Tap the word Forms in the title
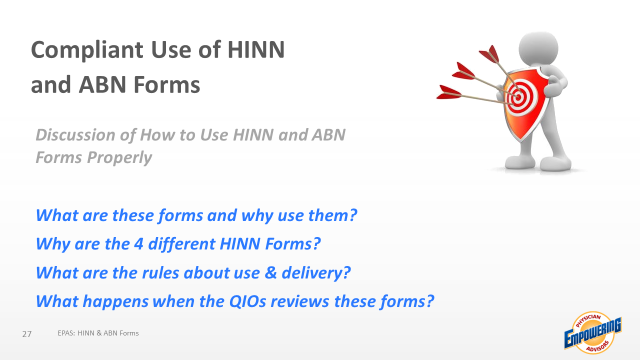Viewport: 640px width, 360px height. coord(167,85)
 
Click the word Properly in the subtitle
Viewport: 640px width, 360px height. coord(119,158)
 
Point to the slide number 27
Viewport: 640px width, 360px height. coord(27,334)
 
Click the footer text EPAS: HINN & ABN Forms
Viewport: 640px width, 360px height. coord(98,333)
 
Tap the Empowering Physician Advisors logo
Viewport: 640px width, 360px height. coord(593,333)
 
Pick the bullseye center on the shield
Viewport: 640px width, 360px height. coord(517,97)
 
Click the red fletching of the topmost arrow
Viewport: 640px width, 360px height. coord(489,53)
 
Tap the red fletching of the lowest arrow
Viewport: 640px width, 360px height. coord(448,92)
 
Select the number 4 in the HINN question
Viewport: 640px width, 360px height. coord(138,244)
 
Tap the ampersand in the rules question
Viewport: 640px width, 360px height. coord(270,272)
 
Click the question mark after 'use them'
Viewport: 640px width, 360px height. coord(353,215)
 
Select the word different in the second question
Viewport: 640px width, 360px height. coord(181,244)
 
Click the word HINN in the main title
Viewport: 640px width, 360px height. coord(256,49)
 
